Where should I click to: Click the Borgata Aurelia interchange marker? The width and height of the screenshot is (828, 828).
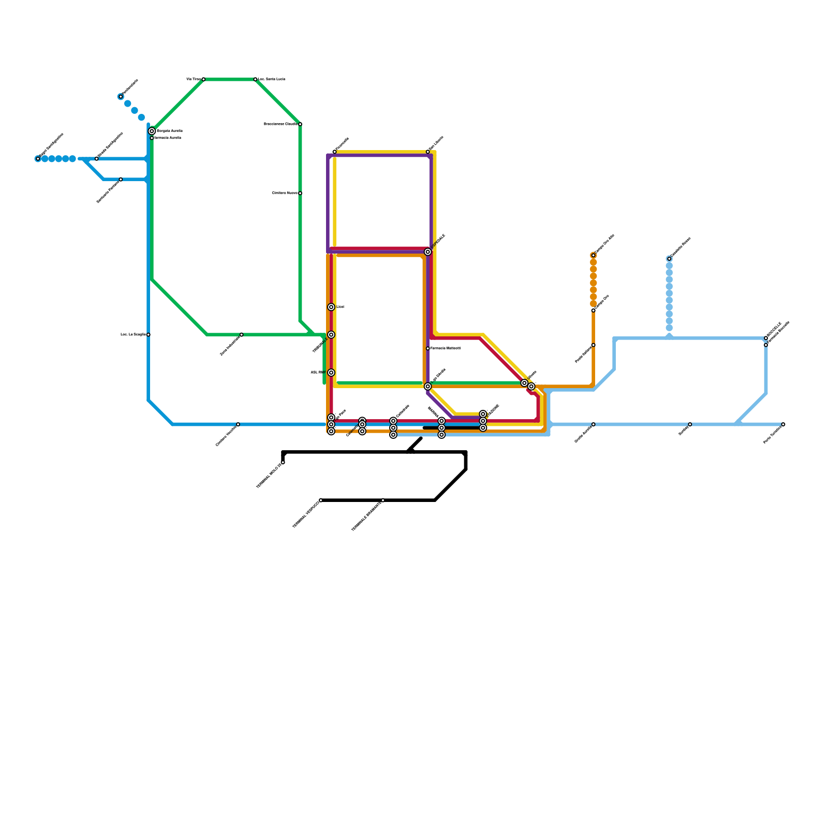152,131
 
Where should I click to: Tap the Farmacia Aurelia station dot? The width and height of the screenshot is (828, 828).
152,138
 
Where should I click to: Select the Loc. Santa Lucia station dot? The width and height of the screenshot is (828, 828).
256,79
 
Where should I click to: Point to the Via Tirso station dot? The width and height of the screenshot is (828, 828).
203,79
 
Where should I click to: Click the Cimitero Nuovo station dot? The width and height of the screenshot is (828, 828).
300,193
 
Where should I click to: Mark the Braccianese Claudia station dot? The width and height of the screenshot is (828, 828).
300,124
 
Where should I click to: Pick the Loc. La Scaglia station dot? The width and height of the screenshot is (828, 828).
149,335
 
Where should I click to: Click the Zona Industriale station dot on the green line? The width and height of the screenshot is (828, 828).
242,335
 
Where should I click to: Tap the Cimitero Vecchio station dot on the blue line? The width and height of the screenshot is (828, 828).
238,424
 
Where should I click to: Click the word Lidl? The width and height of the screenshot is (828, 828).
340,307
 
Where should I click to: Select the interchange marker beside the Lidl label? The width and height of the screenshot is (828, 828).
331,307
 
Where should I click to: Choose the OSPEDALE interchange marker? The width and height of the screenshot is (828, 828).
428,252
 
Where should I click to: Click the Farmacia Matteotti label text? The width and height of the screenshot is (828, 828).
446,348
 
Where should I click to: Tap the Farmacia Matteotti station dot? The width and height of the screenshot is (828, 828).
428,348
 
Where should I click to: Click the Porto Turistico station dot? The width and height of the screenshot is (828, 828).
783,424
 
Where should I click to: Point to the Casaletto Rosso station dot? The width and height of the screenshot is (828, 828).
669,259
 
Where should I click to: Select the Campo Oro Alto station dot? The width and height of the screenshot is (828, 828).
594,255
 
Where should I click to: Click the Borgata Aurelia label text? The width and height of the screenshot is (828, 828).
169,131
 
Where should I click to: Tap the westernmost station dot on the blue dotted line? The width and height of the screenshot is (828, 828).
38,159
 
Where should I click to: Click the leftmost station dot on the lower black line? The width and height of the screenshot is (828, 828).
321,500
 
